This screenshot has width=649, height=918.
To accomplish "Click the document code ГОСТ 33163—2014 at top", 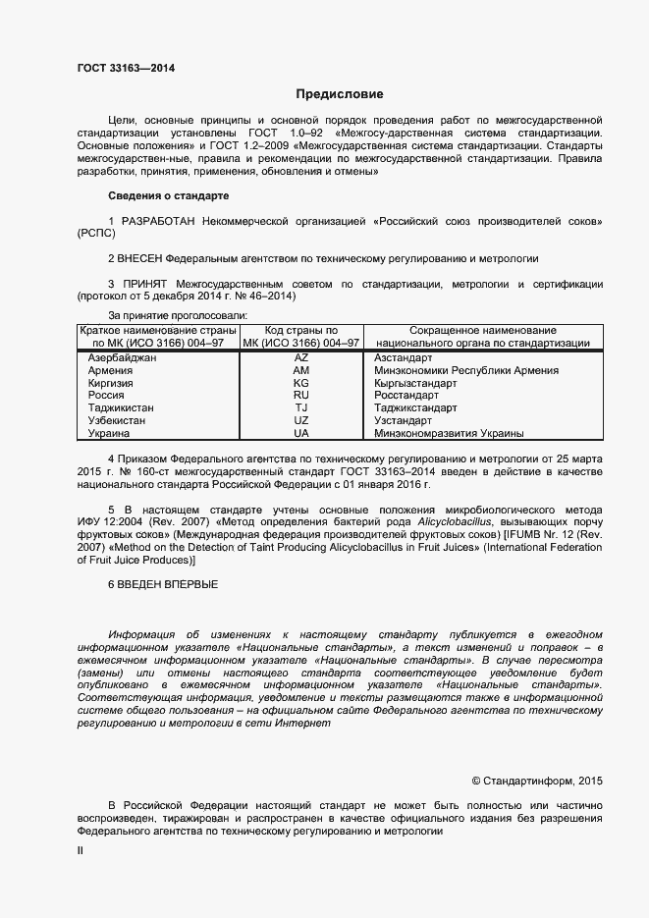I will (127, 69).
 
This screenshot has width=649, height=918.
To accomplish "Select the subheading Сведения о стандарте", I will (167, 196).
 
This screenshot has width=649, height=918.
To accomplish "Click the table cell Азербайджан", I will (123, 358).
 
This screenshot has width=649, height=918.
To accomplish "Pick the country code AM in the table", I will (301, 371).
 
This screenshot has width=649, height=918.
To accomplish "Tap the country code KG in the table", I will (301, 383).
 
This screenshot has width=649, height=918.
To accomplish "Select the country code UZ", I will (301, 420).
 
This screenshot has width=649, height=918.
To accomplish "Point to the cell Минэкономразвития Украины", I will (449, 433).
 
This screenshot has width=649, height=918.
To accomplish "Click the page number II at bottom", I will (81, 852).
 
